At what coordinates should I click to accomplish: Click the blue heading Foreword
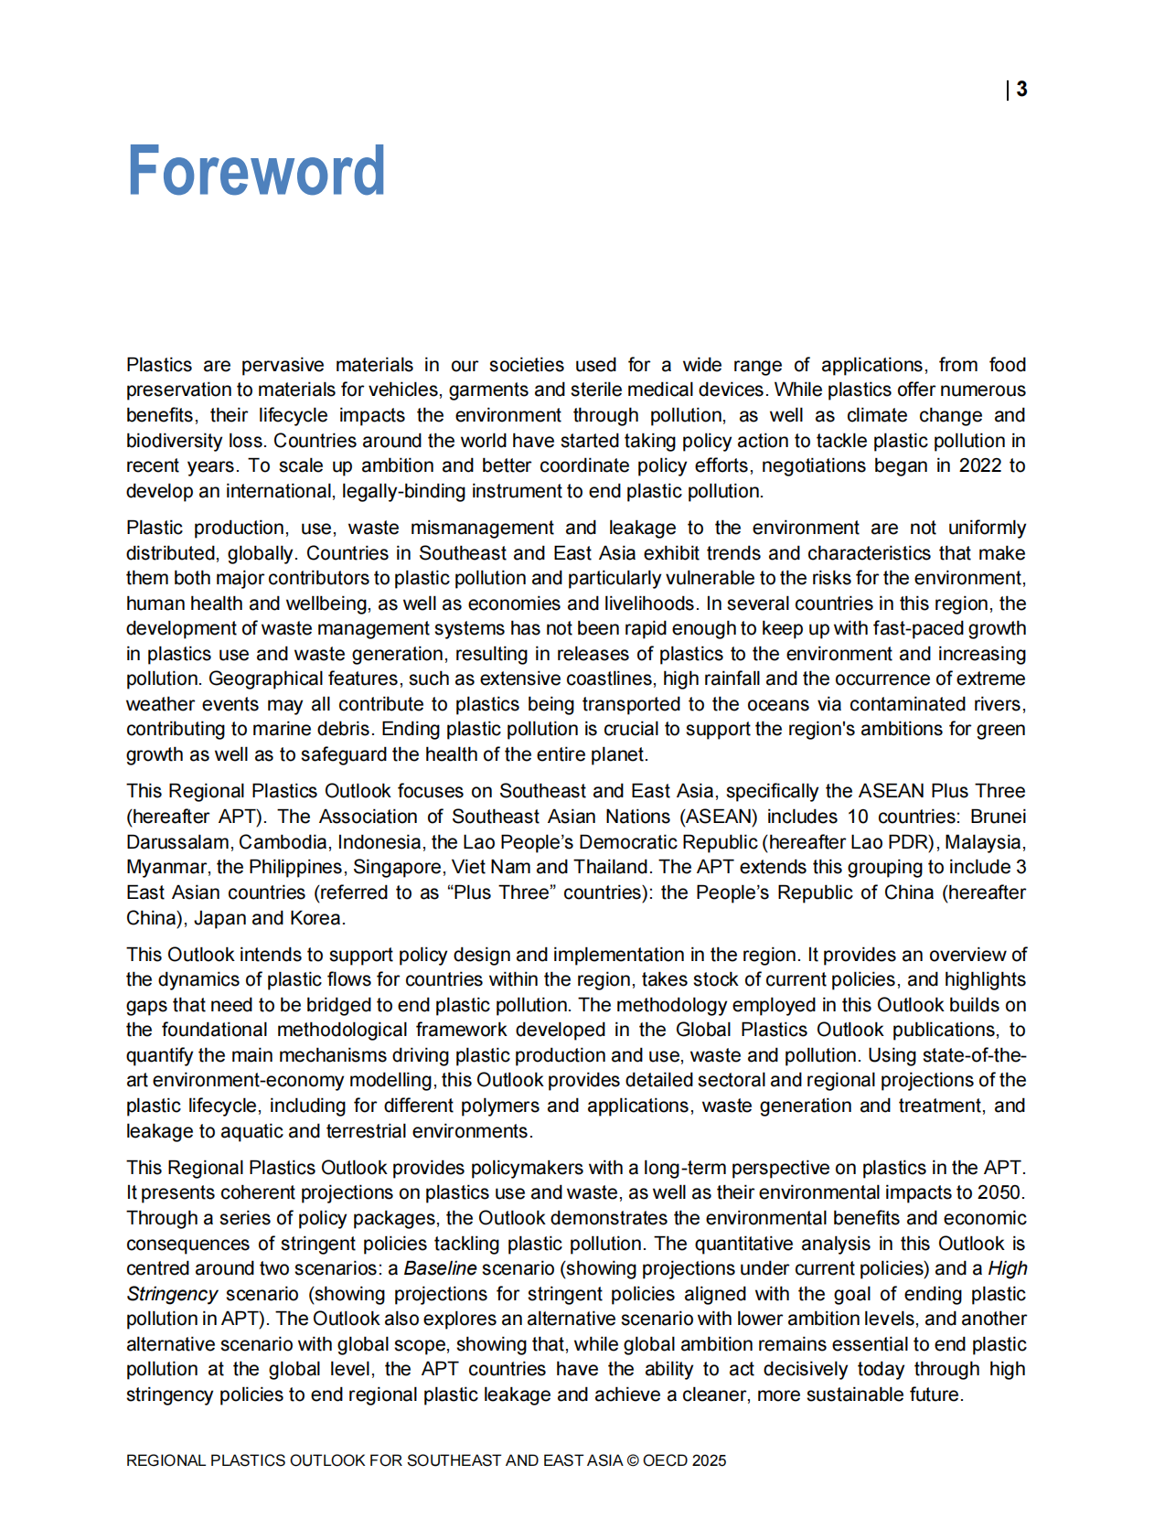coord(256,171)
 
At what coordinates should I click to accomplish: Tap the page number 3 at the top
coord(1021,90)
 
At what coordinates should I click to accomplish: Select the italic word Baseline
coord(440,1268)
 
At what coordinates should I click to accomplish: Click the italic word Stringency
coord(172,1294)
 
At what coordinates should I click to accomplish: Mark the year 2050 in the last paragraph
coord(1000,1192)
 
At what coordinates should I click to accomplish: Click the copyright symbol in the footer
coord(632,1460)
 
